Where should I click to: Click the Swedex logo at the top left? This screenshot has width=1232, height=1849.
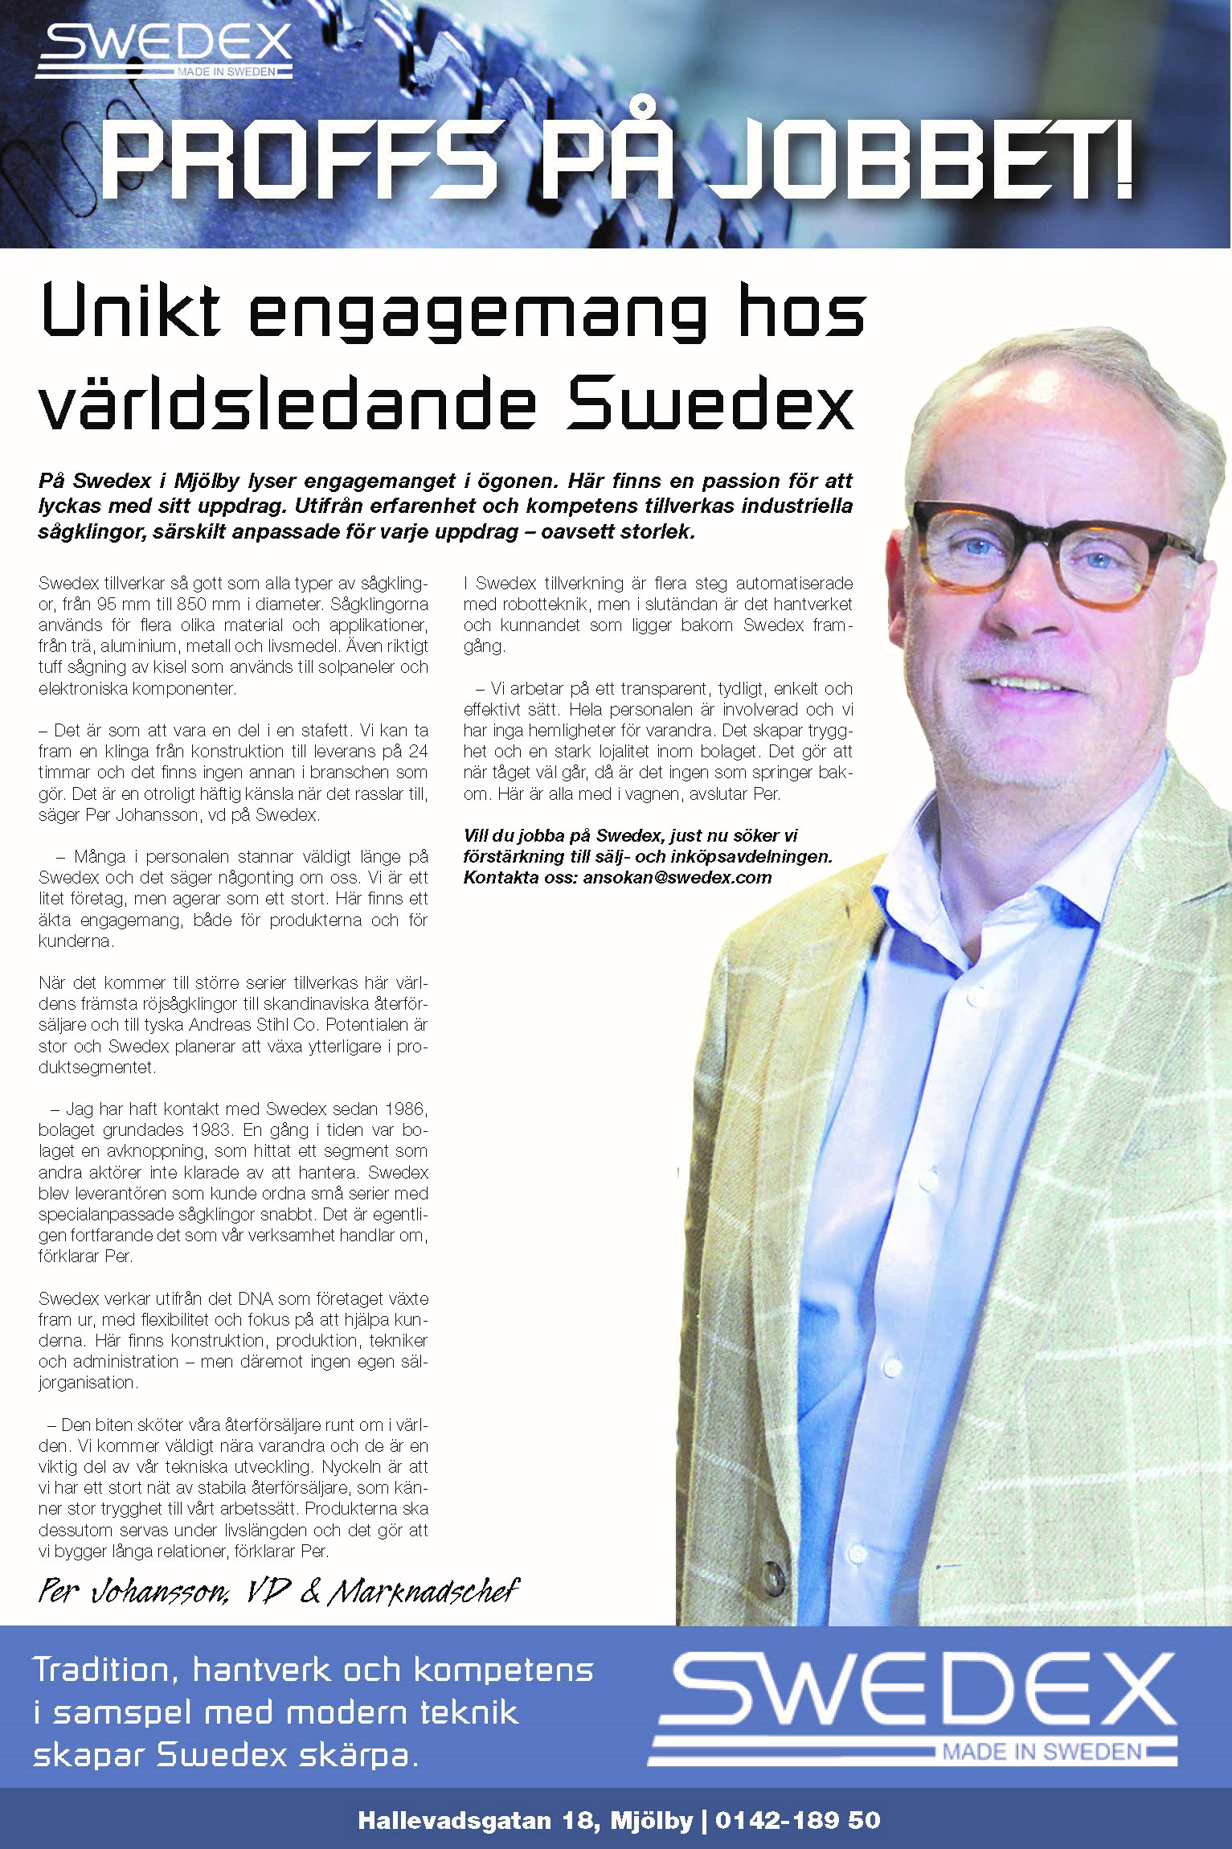[x=164, y=51]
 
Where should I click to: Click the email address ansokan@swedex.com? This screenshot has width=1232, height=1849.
[x=677, y=878]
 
